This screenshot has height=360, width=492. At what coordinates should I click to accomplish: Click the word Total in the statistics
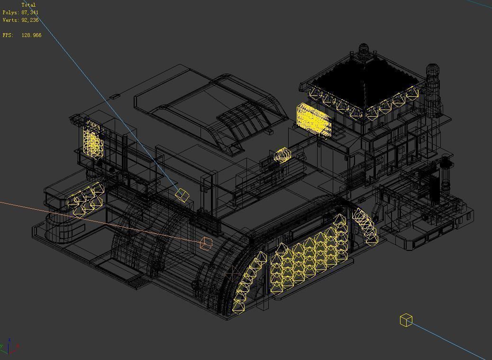point(28,5)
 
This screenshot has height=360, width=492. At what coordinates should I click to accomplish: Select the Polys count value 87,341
point(30,12)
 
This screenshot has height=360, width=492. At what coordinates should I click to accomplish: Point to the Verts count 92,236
point(30,20)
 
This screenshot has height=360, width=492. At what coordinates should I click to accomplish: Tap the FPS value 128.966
point(31,35)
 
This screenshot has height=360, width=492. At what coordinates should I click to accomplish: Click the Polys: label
point(11,12)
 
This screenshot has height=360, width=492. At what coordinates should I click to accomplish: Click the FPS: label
point(8,35)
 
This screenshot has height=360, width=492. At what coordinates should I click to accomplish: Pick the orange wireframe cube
point(206,243)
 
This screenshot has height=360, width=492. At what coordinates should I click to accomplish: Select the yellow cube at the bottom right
point(406,320)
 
